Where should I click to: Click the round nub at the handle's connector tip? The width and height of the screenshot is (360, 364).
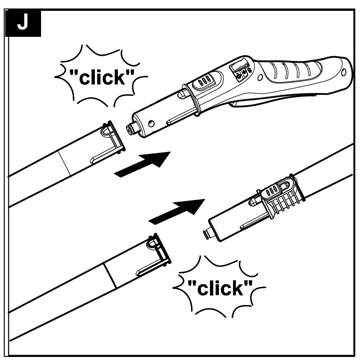point(130,128)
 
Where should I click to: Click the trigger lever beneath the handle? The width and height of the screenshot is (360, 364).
point(264,102)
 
